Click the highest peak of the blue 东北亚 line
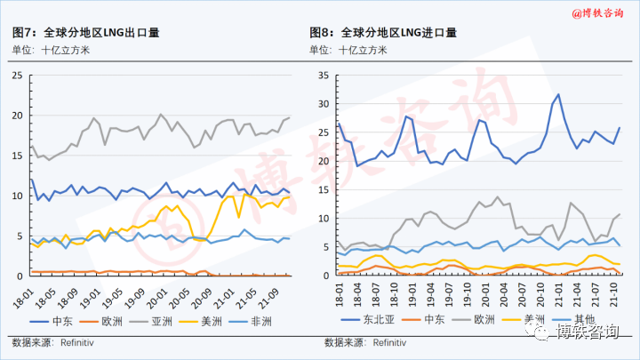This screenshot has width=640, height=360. tap(558, 94)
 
